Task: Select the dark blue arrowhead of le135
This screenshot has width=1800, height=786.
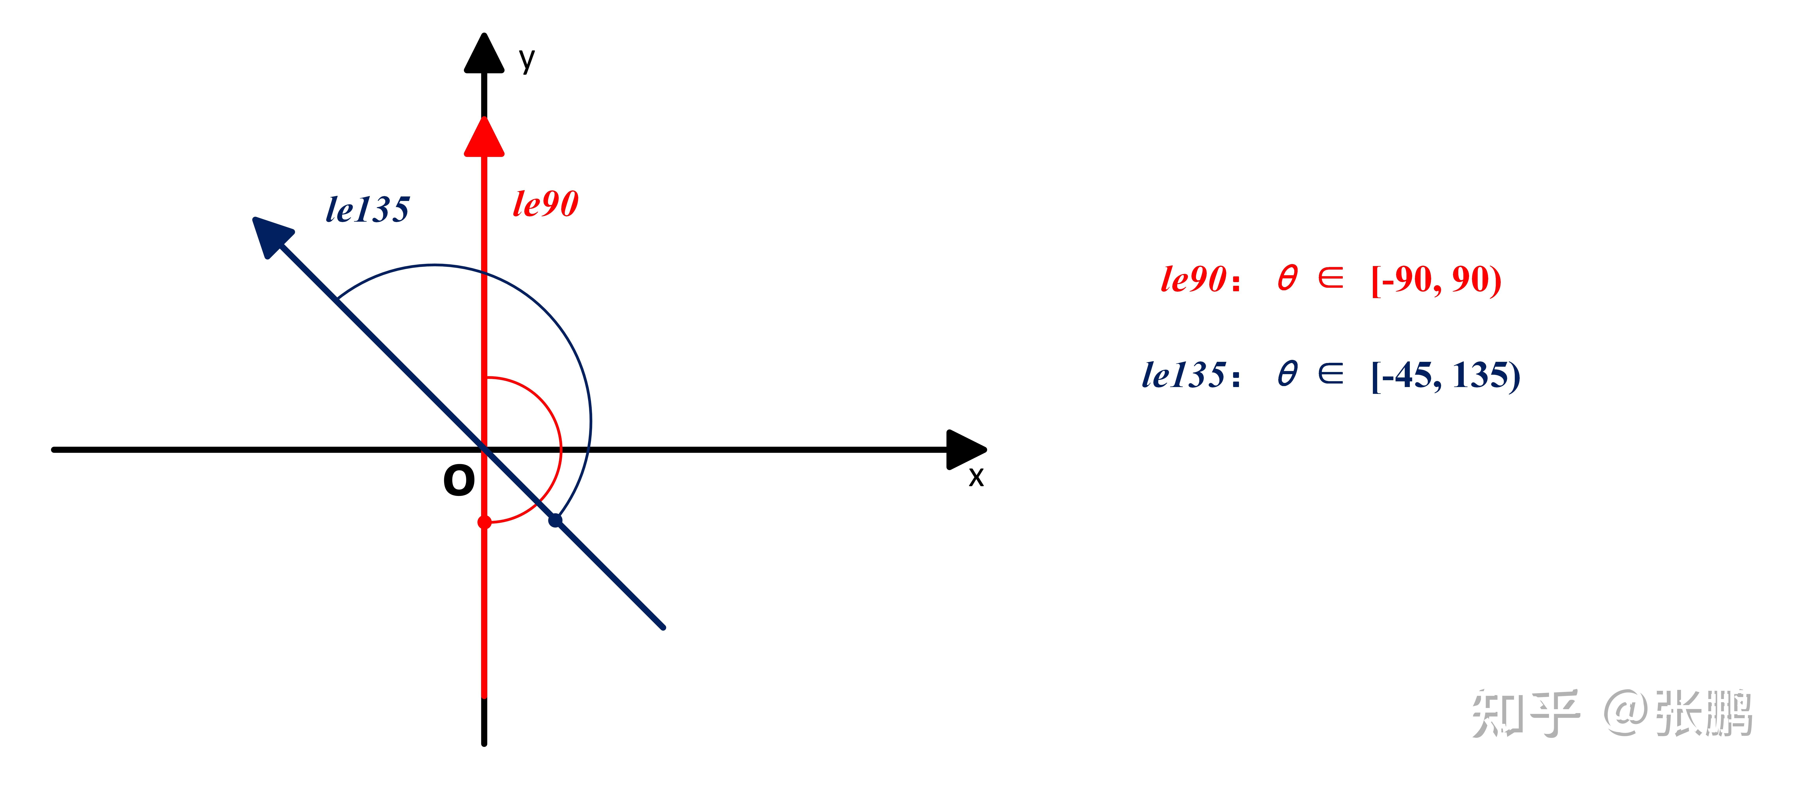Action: click(x=270, y=235)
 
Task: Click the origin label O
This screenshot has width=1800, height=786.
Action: click(x=459, y=481)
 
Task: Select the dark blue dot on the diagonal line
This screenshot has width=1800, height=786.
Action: click(x=555, y=521)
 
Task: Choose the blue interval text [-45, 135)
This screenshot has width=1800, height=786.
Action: click(x=1445, y=375)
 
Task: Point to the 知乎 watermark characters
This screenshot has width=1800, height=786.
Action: click(x=1525, y=713)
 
